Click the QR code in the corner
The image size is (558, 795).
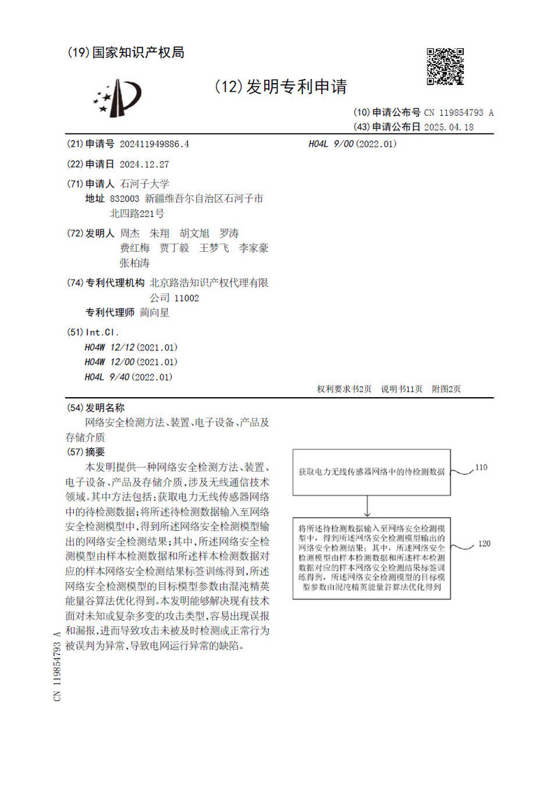point(445,67)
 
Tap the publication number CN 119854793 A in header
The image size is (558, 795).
point(458,112)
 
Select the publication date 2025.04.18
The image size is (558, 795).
point(449,127)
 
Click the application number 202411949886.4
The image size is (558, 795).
point(154,144)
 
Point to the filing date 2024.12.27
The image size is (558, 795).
point(145,164)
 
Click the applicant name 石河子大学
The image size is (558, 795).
point(145,184)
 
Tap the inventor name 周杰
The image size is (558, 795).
point(130,233)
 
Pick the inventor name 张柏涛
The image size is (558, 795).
point(135,263)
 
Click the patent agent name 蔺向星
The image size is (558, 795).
point(154,313)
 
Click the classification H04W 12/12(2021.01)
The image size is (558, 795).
point(131,347)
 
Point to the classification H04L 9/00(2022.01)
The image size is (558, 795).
point(352,144)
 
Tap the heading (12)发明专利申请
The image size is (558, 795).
point(281,87)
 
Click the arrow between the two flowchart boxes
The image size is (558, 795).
point(367,505)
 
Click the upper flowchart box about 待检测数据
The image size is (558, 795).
point(371,472)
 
